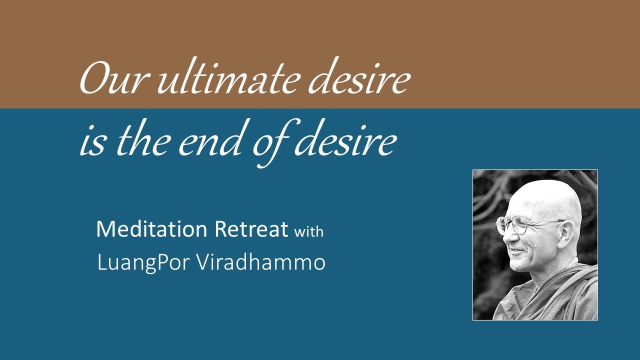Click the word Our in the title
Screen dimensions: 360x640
coord(113,80)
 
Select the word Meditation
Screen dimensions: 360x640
coord(151,229)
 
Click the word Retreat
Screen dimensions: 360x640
coord(251,229)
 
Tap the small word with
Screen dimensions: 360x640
coord(308,231)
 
